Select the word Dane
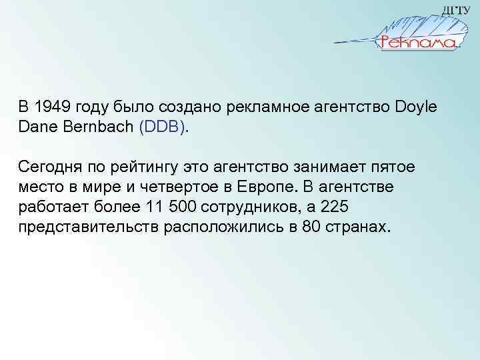tap(36, 125)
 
